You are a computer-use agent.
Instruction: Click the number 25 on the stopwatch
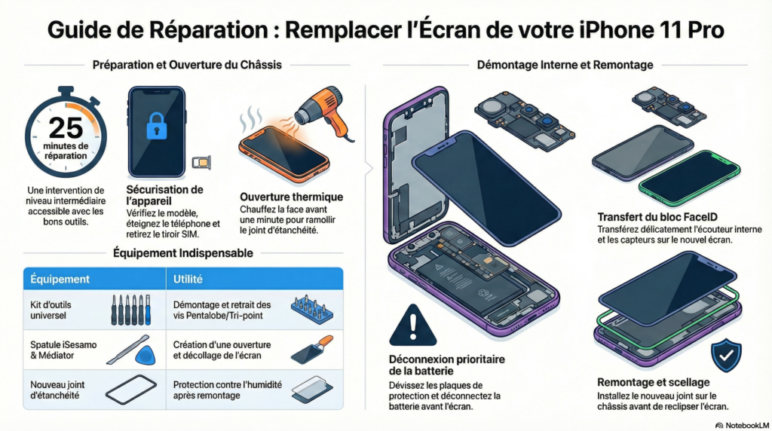[x=66, y=127]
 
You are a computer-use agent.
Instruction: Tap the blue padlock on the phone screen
[x=157, y=126]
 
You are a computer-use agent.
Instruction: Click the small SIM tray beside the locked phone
[x=201, y=162]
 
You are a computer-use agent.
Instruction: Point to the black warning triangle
[x=412, y=326]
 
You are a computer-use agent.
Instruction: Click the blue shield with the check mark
[x=726, y=355]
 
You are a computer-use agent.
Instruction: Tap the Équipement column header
[x=60, y=279]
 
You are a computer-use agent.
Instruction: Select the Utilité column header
[x=188, y=279]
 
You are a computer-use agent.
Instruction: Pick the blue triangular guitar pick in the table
[x=146, y=355]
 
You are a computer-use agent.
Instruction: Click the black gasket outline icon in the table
[x=131, y=390]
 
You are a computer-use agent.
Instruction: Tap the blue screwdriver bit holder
[x=311, y=310]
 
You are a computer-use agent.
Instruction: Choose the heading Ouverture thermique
[x=292, y=197]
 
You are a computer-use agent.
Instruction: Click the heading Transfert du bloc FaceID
[x=657, y=217]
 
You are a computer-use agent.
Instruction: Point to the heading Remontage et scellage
[x=654, y=382]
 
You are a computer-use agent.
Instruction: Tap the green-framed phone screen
[x=689, y=178]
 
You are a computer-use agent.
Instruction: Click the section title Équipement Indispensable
[x=182, y=253]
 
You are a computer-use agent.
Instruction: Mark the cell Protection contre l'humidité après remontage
[x=228, y=390]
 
